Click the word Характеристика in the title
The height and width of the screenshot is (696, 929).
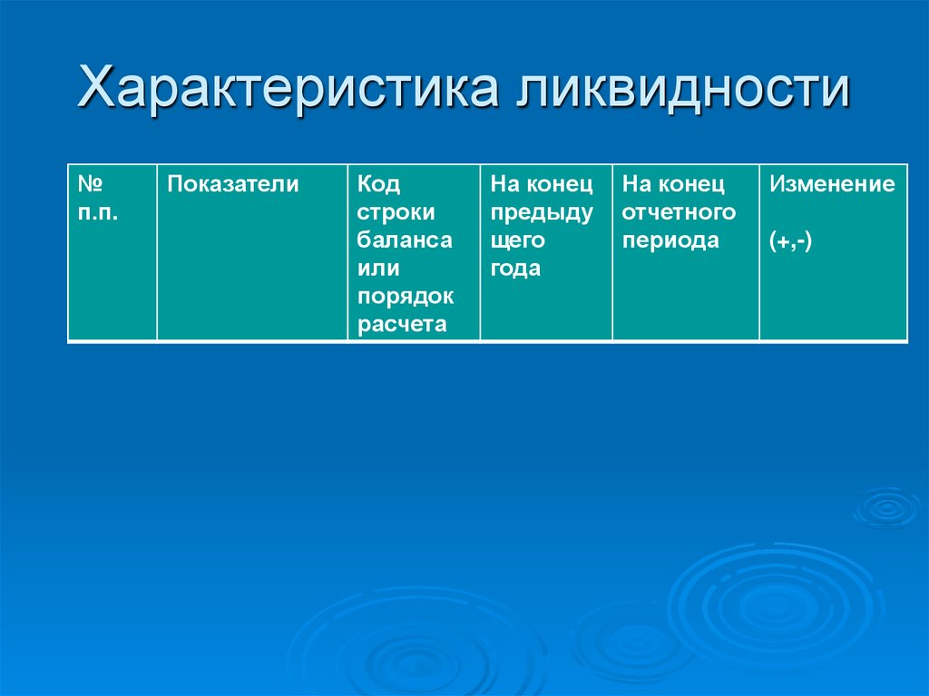[x=289, y=93]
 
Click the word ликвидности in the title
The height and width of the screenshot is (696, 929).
[x=684, y=93]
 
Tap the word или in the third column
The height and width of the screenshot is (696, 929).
[x=378, y=270]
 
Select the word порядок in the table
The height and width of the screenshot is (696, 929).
[x=406, y=298]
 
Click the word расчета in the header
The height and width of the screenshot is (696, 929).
[x=402, y=326]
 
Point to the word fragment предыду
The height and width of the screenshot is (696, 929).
[x=542, y=213]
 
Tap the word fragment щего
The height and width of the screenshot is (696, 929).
[x=517, y=241]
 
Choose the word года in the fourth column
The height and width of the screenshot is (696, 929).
[x=515, y=270]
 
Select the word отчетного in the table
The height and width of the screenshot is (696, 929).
[x=679, y=213]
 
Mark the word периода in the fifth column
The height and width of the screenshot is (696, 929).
[x=670, y=241]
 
